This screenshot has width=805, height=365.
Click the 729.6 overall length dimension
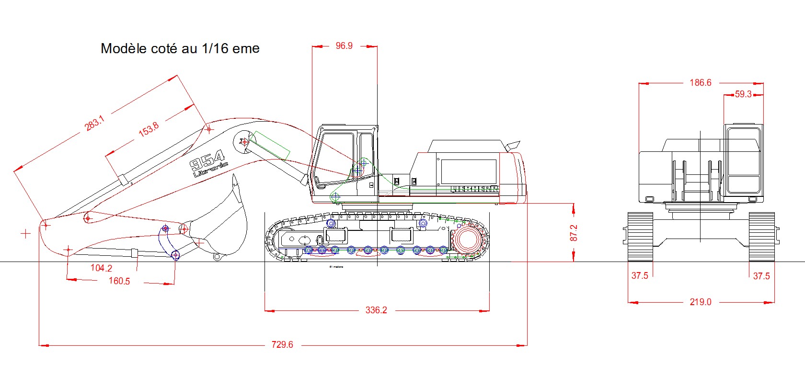coord(282,344)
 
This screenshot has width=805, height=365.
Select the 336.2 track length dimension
coord(376,310)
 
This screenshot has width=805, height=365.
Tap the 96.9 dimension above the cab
coord(344,46)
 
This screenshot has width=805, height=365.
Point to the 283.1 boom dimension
coord(94,124)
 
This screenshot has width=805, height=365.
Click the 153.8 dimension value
coord(149,129)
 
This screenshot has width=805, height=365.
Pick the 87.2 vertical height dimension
coord(574,233)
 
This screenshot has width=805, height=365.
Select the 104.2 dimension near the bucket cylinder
coord(101,268)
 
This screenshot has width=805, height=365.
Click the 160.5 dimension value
coord(119,281)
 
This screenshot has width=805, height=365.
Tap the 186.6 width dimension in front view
coord(700,83)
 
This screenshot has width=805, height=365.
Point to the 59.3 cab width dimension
coord(743,94)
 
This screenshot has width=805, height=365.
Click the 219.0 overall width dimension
coord(700,302)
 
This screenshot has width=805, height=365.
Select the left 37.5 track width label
coord(640,275)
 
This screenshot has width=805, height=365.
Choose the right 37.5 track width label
coord(761,276)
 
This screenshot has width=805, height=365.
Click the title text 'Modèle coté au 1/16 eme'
coord(180,48)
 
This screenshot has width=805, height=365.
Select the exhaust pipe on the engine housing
coord(513,144)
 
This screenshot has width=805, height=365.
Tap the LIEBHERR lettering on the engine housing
coord(474,189)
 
